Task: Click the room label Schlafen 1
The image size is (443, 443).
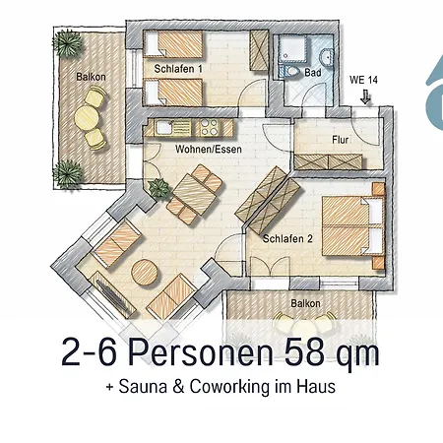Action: (x=178, y=70)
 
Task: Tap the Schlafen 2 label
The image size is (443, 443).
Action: (x=286, y=238)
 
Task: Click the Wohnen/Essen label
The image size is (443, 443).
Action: (x=209, y=151)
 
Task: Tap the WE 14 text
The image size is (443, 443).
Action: (x=364, y=80)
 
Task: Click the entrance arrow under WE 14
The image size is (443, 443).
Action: (x=365, y=96)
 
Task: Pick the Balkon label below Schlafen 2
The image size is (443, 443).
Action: (x=303, y=303)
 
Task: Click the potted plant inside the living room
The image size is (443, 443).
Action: (x=156, y=189)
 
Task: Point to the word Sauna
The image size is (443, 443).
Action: (x=143, y=387)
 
